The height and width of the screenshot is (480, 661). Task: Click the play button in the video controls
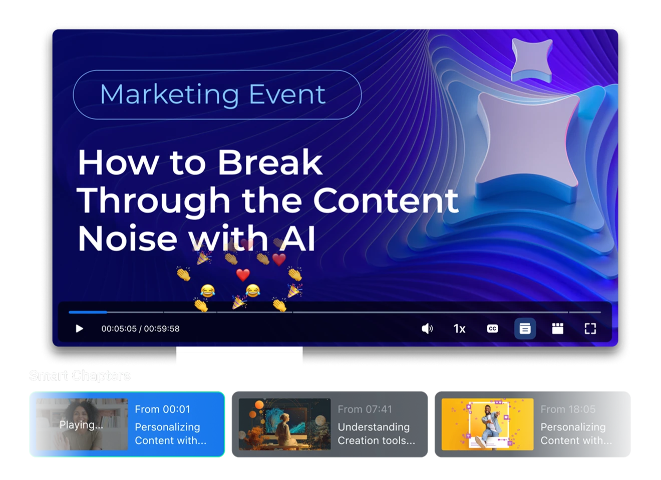(x=79, y=328)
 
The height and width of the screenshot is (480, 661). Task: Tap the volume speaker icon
(x=427, y=328)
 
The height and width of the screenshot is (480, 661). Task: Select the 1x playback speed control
(x=459, y=328)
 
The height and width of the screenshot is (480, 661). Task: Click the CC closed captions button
(x=492, y=328)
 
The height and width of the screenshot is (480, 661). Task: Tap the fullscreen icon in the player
(x=590, y=328)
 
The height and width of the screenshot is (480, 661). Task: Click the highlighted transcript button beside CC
(x=525, y=328)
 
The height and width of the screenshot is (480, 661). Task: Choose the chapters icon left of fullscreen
(x=557, y=328)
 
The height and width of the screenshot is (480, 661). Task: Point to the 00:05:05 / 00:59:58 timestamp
(x=140, y=328)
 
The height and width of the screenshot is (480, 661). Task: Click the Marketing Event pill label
(x=217, y=94)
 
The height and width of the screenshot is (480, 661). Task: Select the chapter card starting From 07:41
(x=329, y=424)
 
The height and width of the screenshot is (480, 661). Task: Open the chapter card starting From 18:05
(x=532, y=424)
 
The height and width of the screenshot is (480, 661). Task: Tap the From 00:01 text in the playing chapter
(x=162, y=409)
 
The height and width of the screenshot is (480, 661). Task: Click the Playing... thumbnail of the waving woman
(x=82, y=424)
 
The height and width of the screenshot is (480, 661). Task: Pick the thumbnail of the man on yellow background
(x=487, y=424)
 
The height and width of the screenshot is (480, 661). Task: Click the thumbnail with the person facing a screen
(x=284, y=424)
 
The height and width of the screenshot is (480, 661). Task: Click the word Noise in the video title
(x=127, y=238)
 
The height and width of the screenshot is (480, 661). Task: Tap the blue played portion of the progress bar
(x=88, y=312)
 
